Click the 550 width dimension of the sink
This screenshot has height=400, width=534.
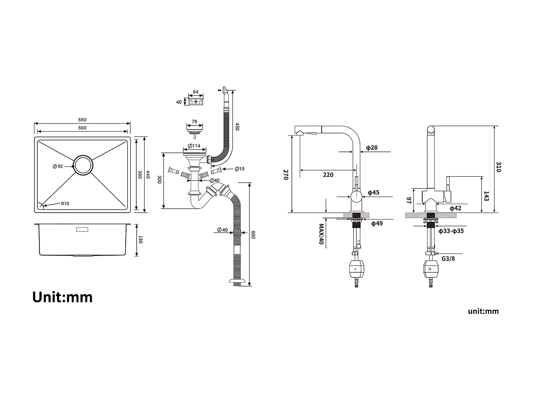click(x=82, y=120)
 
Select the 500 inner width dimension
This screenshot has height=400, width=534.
click(x=82, y=128)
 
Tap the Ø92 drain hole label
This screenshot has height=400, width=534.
click(x=58, y=166)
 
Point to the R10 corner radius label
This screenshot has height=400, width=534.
click(x=65, y=204)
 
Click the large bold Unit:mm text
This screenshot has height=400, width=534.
click(x=62, y=297)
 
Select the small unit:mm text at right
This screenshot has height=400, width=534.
click(x=483, y=311)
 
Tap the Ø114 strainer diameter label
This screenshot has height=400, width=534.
click(x=194, y=146)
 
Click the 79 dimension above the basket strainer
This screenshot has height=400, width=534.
click(x=194, y=122)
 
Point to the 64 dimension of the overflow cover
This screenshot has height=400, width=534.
click(x=196, y=92)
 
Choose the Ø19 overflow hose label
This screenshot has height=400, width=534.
click(x=240, y=169)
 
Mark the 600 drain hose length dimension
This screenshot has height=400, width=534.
click(x=253, y=235)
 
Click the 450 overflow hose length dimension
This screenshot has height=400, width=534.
click(x=237, y=127)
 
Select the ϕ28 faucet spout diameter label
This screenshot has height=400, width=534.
click(x=372, y=148)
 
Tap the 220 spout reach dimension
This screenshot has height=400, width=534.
click(x=328, y=175)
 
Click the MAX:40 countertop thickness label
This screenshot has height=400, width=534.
click(x=321, y=234)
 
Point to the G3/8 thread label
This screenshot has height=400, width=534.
click(x=448, y=259)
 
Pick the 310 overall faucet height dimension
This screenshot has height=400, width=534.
click(x=498, y=167)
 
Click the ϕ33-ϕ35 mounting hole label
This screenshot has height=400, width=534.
click(x=451, y=231)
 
